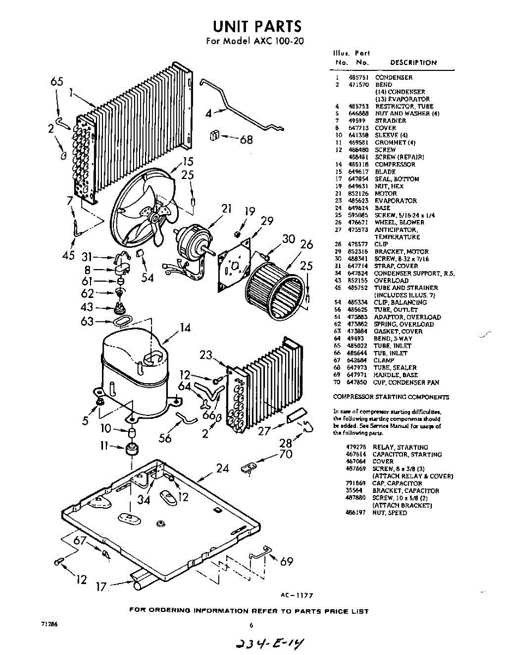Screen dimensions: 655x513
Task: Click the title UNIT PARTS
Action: coord(256,26)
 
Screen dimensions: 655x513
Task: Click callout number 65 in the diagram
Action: coord(57,82)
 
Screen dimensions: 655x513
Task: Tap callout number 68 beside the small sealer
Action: coord(246,140)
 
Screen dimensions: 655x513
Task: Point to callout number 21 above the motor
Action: coord(227,208)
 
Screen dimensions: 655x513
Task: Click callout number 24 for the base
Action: coord(222,468)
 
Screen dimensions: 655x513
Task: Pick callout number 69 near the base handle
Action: coord(287,562)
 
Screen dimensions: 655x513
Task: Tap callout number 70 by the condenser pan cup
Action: coord(286,454)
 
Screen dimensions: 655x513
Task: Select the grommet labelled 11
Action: coord(131,451)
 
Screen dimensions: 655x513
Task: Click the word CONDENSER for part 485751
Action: coord(394,78)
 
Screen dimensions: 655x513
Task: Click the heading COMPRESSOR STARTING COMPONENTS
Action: coord(391,397)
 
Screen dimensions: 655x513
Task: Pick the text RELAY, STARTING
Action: coord(400,448)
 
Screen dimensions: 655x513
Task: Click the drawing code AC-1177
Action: coord(297,596)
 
